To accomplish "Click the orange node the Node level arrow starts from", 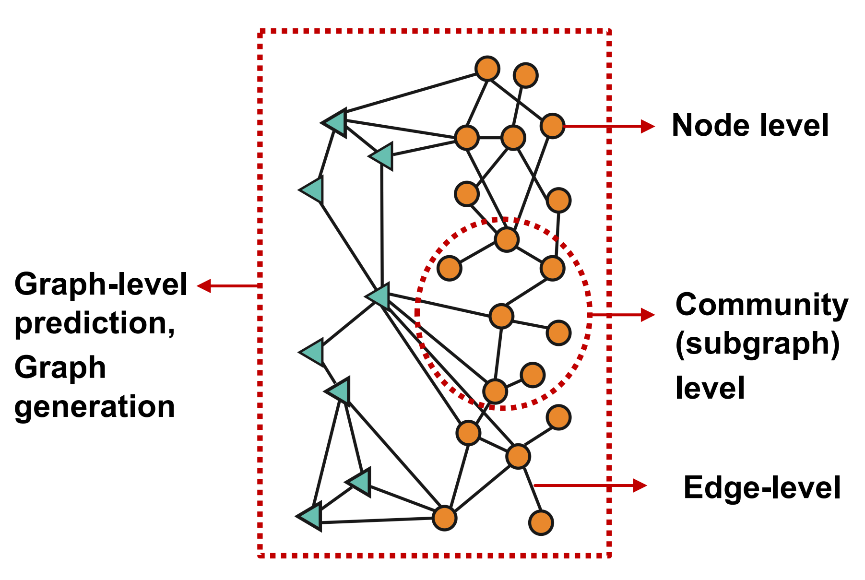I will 552,126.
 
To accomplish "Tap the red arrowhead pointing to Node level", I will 648,126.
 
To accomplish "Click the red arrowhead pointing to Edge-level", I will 640,485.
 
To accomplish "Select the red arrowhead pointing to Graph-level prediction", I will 204,286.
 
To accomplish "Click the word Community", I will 761,305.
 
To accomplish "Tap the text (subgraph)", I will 758,344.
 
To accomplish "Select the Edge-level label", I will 761,488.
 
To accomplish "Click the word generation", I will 95,407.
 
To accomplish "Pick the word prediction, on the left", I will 95,324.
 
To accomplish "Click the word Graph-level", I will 101,284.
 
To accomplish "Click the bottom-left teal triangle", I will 310,517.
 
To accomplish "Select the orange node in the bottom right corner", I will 541,522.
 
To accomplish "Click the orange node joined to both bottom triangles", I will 444,518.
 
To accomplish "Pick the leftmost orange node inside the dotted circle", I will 450,268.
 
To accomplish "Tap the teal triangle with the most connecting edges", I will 379,296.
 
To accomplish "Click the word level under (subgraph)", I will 710,388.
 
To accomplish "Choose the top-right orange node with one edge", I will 525,75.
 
